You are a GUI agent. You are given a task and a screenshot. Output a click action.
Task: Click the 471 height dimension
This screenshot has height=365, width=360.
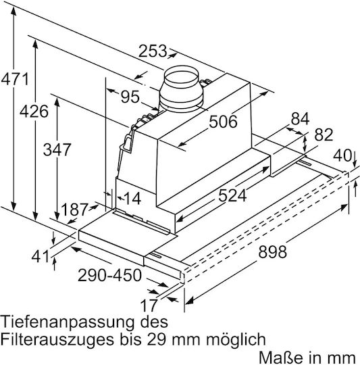15,79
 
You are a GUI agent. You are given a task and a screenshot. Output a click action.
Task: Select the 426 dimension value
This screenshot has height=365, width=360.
34,112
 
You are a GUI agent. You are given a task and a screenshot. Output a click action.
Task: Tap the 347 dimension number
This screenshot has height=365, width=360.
57,149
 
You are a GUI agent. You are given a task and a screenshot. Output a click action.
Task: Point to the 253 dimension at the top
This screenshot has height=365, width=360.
153,51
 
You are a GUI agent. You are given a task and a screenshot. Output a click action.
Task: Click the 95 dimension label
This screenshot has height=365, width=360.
130,97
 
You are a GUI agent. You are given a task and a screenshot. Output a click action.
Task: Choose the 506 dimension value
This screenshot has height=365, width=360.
223,121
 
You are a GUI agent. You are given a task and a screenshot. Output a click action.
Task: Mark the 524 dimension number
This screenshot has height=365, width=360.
232,195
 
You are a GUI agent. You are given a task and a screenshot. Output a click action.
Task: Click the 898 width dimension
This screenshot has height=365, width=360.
272,252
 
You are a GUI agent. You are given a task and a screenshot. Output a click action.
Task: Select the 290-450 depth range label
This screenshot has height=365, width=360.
109,275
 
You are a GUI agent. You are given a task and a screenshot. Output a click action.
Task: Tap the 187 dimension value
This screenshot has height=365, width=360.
75,210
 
